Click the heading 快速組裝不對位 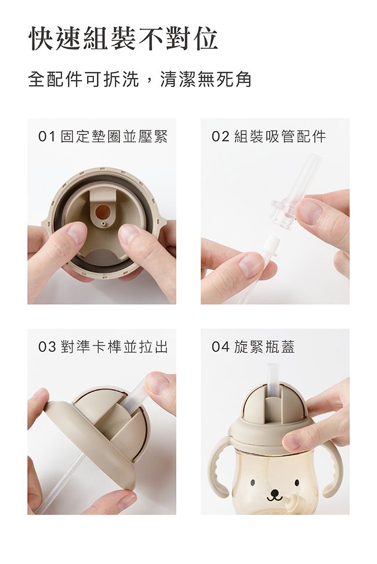pos(123,38)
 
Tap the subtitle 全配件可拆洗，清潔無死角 pos(140,79)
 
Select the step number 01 pos(47,137)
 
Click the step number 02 pos(220,137)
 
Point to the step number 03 pos(47,347)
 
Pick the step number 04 pos(220,347)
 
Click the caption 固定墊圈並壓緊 pos(114,137)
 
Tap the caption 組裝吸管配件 pos(280,137)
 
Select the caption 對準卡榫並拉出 pos(114,347)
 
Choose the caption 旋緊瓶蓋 pos(264,347)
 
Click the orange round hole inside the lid pos(103,212)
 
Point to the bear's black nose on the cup pos(275,492)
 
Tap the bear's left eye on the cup pos(252,482)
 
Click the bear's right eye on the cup pos(297,482)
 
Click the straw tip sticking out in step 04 pos(273,378)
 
